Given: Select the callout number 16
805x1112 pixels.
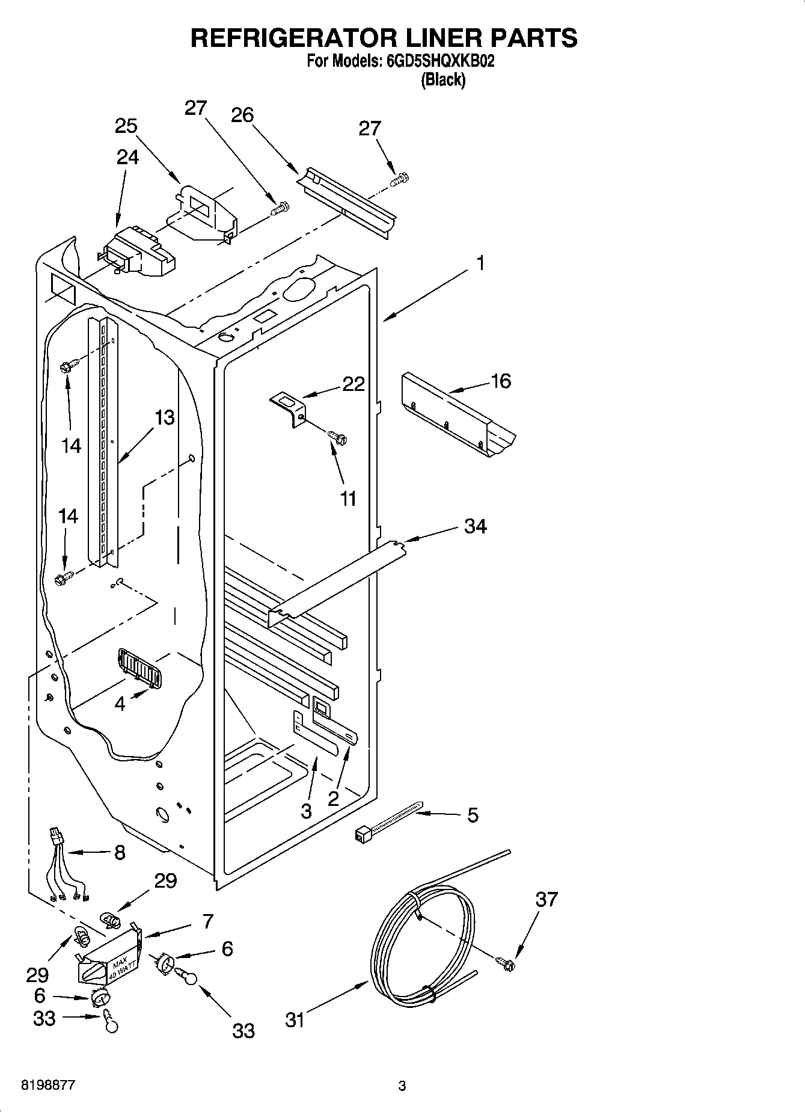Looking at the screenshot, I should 500,381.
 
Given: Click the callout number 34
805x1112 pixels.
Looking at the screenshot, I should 475,526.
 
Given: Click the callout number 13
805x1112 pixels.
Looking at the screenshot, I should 164,417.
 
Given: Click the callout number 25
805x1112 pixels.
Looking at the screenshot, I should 126,126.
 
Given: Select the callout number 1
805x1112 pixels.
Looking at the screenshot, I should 479,263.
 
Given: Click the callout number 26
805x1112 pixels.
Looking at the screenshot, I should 242,114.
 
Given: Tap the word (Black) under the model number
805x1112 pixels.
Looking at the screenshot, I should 443,79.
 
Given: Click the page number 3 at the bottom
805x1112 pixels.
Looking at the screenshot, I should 402,1086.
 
